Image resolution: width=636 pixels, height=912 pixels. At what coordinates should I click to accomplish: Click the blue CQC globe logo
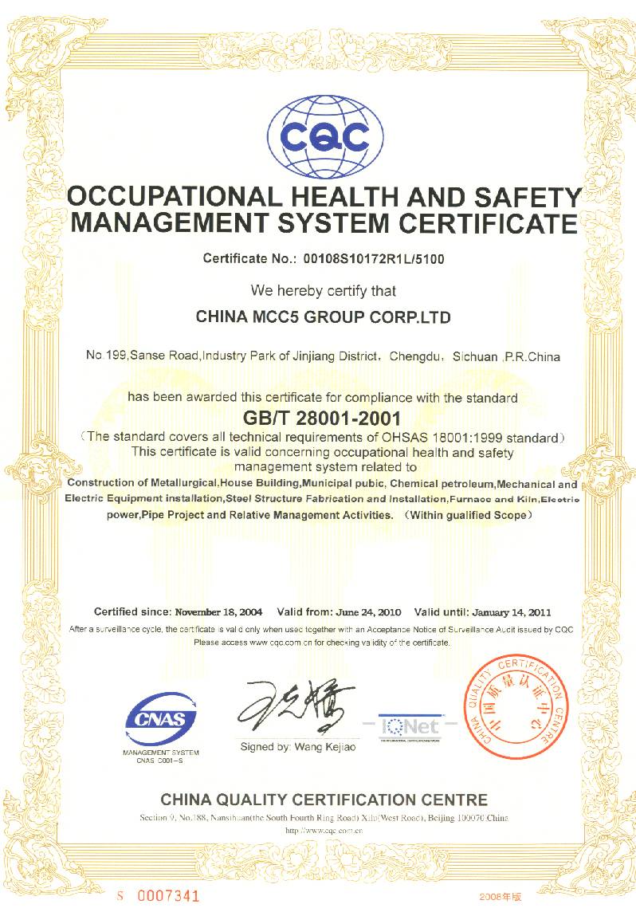(319, 138)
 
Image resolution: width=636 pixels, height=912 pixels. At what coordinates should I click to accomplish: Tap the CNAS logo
(161, 720)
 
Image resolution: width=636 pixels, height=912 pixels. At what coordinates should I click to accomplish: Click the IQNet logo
(410, 725)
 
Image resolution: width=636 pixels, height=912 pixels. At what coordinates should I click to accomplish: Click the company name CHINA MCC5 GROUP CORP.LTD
(323, 317)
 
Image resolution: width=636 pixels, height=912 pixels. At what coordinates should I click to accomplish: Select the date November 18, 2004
(218, 612)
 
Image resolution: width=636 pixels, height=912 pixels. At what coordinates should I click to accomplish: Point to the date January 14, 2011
(511, 612)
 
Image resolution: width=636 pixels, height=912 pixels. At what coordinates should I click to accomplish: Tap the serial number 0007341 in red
(168, 895)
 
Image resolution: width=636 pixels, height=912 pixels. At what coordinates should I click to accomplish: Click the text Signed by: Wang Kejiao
(298, 747)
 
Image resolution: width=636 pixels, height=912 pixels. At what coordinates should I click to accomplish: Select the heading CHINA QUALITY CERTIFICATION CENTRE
(324, 799)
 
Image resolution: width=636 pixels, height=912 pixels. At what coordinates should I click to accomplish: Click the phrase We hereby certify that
(324, 291)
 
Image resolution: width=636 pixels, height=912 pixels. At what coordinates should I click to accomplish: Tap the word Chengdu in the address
(418, 356)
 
